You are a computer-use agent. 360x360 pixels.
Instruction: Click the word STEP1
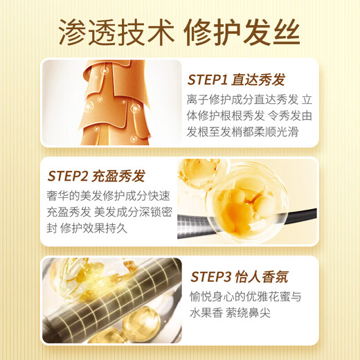pos(207,80)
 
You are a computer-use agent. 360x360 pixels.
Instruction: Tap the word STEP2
pos(68,176)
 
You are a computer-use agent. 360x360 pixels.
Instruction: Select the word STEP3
pos(211,277)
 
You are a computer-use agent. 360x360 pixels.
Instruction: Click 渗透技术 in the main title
pos(117,33)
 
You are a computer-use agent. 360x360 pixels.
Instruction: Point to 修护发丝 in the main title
pos(242,33)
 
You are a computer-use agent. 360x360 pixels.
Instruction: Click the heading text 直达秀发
pos(258,80)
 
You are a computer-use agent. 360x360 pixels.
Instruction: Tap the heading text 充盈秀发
pos(118,176)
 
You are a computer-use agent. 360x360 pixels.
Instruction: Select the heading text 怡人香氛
pos(262,277)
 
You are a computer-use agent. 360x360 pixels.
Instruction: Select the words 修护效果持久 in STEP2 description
pos(93,228)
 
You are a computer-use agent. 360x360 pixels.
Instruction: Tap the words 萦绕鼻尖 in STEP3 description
pos(248,313)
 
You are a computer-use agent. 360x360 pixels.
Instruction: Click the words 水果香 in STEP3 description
pos(206,313)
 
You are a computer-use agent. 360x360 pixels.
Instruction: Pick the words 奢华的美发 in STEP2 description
pos(74,196)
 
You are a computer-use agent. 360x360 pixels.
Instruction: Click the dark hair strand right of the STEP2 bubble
pos(302,215)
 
